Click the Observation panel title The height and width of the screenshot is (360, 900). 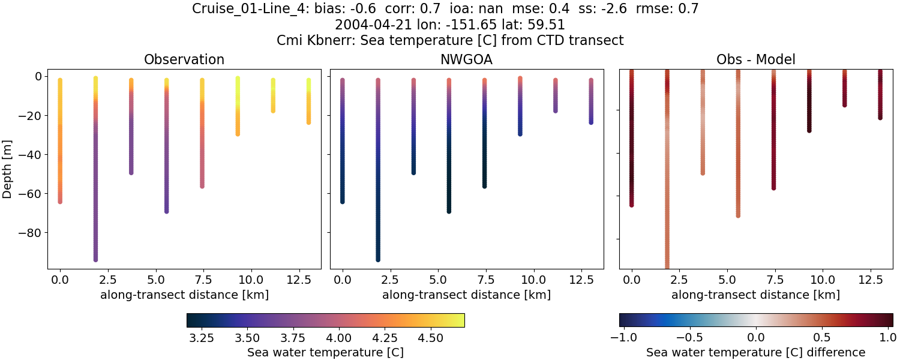184,59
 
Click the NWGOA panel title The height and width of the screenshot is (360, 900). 466,59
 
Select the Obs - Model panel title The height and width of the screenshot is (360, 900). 756,59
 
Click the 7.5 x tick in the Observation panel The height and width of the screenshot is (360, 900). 202,280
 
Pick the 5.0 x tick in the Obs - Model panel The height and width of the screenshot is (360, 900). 727,280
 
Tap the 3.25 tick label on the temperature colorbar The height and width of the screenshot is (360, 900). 202,338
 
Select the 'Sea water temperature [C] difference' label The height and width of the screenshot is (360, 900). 756,352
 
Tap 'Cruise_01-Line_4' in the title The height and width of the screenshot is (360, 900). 251,9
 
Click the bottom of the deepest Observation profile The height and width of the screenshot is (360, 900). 95,259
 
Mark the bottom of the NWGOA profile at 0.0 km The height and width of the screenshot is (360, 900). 343,201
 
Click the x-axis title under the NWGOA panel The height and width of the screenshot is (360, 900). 466,295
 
